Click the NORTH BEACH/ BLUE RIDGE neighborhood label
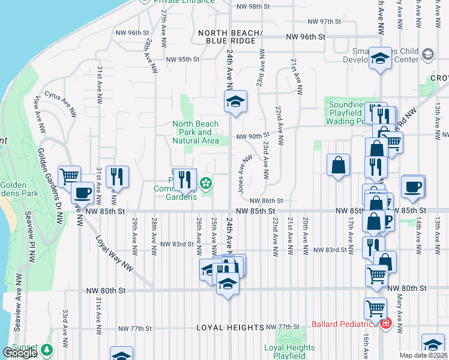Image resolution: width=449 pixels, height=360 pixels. pyautogui.click(x=231, y=37)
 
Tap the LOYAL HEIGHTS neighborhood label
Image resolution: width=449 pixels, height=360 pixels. pyautogui.click(x=231, y=328)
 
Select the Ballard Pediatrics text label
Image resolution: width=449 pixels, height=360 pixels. pyautogui.click(x=345, y=325)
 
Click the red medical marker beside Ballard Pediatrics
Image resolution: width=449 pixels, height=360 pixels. pyautogui.click(x=385, y=325)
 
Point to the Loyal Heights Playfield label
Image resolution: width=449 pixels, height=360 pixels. pyautogui.click(x=289, y=352)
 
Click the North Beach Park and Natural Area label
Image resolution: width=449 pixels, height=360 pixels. pyautogui.click(x=196, y=133)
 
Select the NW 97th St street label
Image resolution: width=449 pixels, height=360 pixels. pyautogui.click(x=323, y=22)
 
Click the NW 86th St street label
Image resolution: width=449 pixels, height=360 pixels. pyautogui.click(x=266, y=201)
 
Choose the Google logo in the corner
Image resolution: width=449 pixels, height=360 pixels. pyautogui.click(x=20, y=353)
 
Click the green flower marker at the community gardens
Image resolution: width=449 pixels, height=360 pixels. pyautogui.click(x=206, y=182)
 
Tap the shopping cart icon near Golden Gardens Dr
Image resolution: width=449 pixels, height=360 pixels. pyautogui.click(x=70, y=175)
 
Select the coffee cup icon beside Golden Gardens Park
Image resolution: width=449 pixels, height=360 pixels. pyautogui.click(x=82, y=193)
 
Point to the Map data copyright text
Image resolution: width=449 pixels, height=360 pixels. pyautogui.click(x=424, y=355)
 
